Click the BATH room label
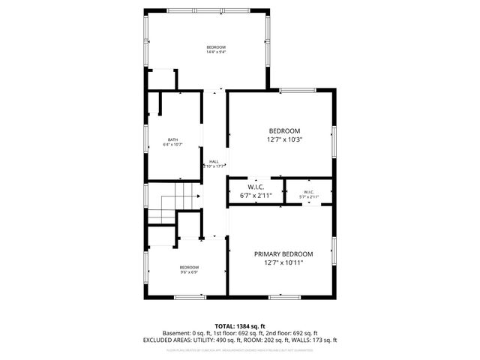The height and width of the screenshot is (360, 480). [173, 139]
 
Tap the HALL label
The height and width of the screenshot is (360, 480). [214, 162]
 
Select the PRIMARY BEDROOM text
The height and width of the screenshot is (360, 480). [283, 254]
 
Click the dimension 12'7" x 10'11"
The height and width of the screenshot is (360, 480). [283, 263]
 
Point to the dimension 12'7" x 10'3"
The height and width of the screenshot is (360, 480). [284, 139]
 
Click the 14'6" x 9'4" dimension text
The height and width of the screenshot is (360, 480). [216, 52]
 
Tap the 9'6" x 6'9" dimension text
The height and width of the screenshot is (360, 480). [188, 272]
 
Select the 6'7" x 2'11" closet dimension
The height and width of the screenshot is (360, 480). [255, 196]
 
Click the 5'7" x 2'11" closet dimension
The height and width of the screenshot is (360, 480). [309, 197]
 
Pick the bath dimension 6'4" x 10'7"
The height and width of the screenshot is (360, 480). [173, 144]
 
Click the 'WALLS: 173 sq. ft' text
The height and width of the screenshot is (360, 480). [316, 340]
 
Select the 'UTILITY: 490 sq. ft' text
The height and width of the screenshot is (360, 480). [217, 340]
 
